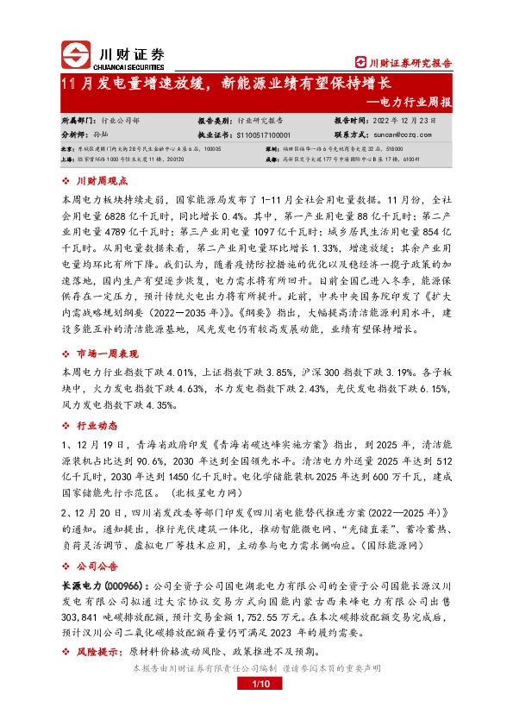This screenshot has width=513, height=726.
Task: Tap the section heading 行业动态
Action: pos(96,426)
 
